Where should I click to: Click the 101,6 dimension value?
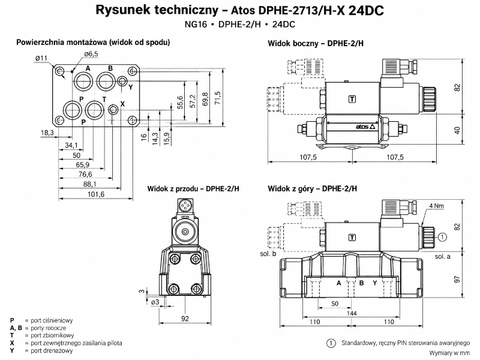coord(96,194)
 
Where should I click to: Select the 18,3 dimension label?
coord(47,133)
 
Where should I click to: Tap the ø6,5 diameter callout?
coord(91,54)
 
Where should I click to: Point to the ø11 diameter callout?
coord(41,58)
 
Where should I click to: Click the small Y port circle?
coord(122,82)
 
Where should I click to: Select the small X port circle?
coord(113,109)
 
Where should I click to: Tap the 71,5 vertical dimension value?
coord(218,98)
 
